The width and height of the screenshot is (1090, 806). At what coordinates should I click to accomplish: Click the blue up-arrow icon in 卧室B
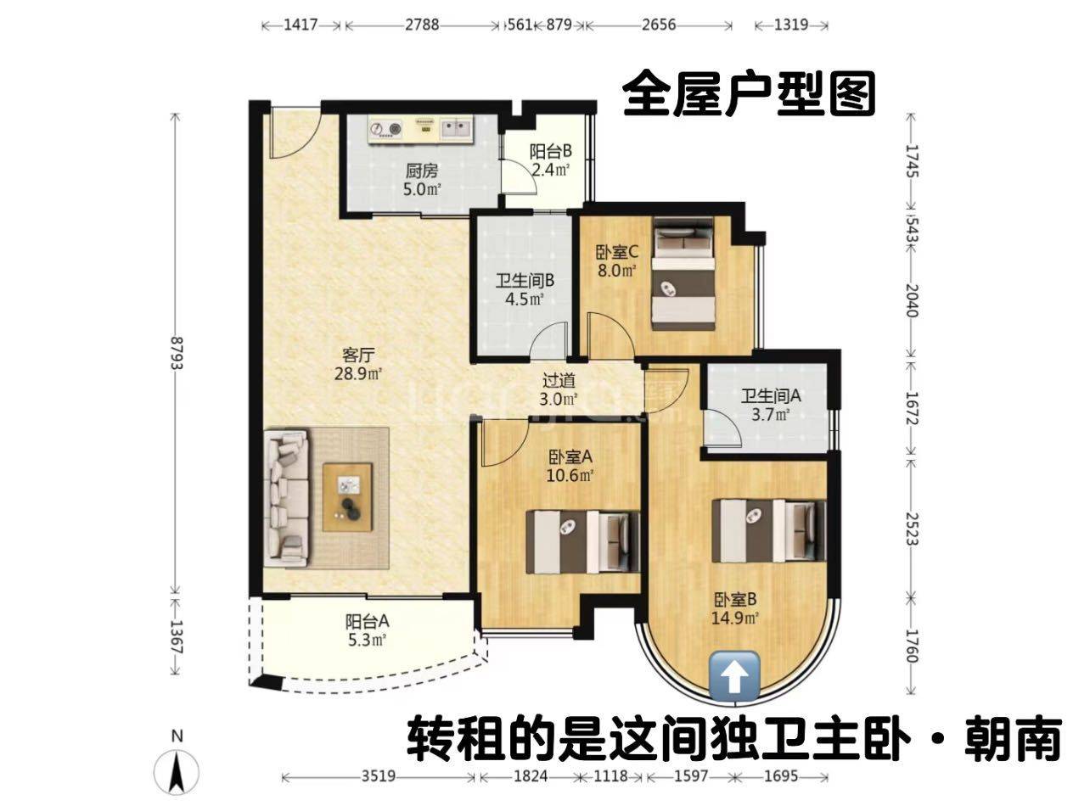(x=734, y=675)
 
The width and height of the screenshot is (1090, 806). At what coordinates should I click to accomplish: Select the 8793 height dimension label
(x=177, y=354)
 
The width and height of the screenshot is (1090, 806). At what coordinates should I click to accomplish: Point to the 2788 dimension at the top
(x=422, y=25)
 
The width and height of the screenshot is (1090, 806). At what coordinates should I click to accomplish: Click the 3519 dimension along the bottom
(x=379, y=776)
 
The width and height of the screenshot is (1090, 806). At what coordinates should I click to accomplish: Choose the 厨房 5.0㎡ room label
(x=422, y=180)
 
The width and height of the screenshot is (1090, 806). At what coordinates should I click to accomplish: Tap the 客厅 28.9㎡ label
(x=358, y=364)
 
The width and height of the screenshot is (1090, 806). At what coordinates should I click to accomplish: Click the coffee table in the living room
(x=347, y=496)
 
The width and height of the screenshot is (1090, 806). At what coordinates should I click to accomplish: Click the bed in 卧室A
(x=583, y=542)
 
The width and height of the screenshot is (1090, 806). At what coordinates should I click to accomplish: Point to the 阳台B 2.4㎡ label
(x=550, y=160)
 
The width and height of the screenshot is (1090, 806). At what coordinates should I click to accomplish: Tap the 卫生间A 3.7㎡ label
(x=771, y=406)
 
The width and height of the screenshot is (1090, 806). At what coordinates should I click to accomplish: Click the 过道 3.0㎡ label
(x=559, y=390)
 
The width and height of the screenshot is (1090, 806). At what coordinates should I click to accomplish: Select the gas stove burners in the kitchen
(x=385, y=129)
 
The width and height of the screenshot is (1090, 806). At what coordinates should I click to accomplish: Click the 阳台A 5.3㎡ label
(x=367, y=630)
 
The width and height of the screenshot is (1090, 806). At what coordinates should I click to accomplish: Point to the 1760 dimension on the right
(x=912, y=646)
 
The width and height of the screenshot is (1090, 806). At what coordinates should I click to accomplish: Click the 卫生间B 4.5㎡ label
(x=525, y=290)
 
